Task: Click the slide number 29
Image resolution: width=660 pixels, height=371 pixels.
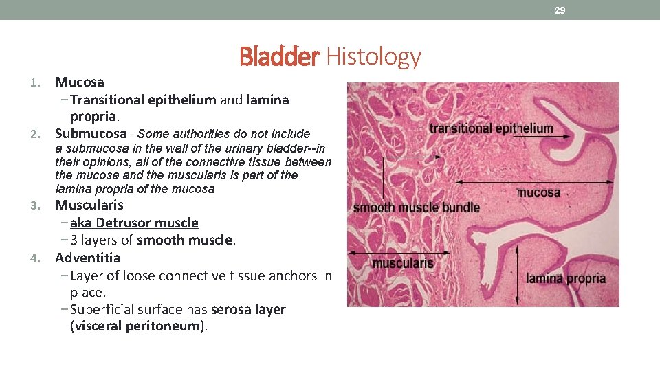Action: tap(560, 10)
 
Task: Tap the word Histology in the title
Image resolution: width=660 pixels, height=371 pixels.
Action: tap(373, 56)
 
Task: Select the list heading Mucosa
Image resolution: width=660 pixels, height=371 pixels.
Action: tap(80, 82)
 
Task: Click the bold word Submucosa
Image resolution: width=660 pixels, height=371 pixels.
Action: tap(91, 133)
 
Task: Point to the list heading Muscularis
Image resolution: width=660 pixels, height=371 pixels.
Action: tap(89, 205)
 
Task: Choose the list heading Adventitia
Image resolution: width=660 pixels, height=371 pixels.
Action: tap(88, 258)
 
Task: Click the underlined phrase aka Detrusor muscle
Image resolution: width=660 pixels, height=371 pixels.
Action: tap(134, 223)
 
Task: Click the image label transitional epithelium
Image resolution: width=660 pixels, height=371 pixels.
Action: tap(491, 128)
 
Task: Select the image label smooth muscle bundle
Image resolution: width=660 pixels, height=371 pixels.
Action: tap(416, 207)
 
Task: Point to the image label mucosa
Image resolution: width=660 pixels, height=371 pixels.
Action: tap(538, 192)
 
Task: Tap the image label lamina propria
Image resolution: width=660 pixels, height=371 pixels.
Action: tap(566, 278)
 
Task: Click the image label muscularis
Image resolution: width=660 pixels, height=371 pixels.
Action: tap(403, 262)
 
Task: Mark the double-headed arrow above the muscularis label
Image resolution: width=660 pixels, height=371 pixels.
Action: tap(399, 252)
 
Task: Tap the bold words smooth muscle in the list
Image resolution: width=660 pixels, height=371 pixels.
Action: tap(186, 240)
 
